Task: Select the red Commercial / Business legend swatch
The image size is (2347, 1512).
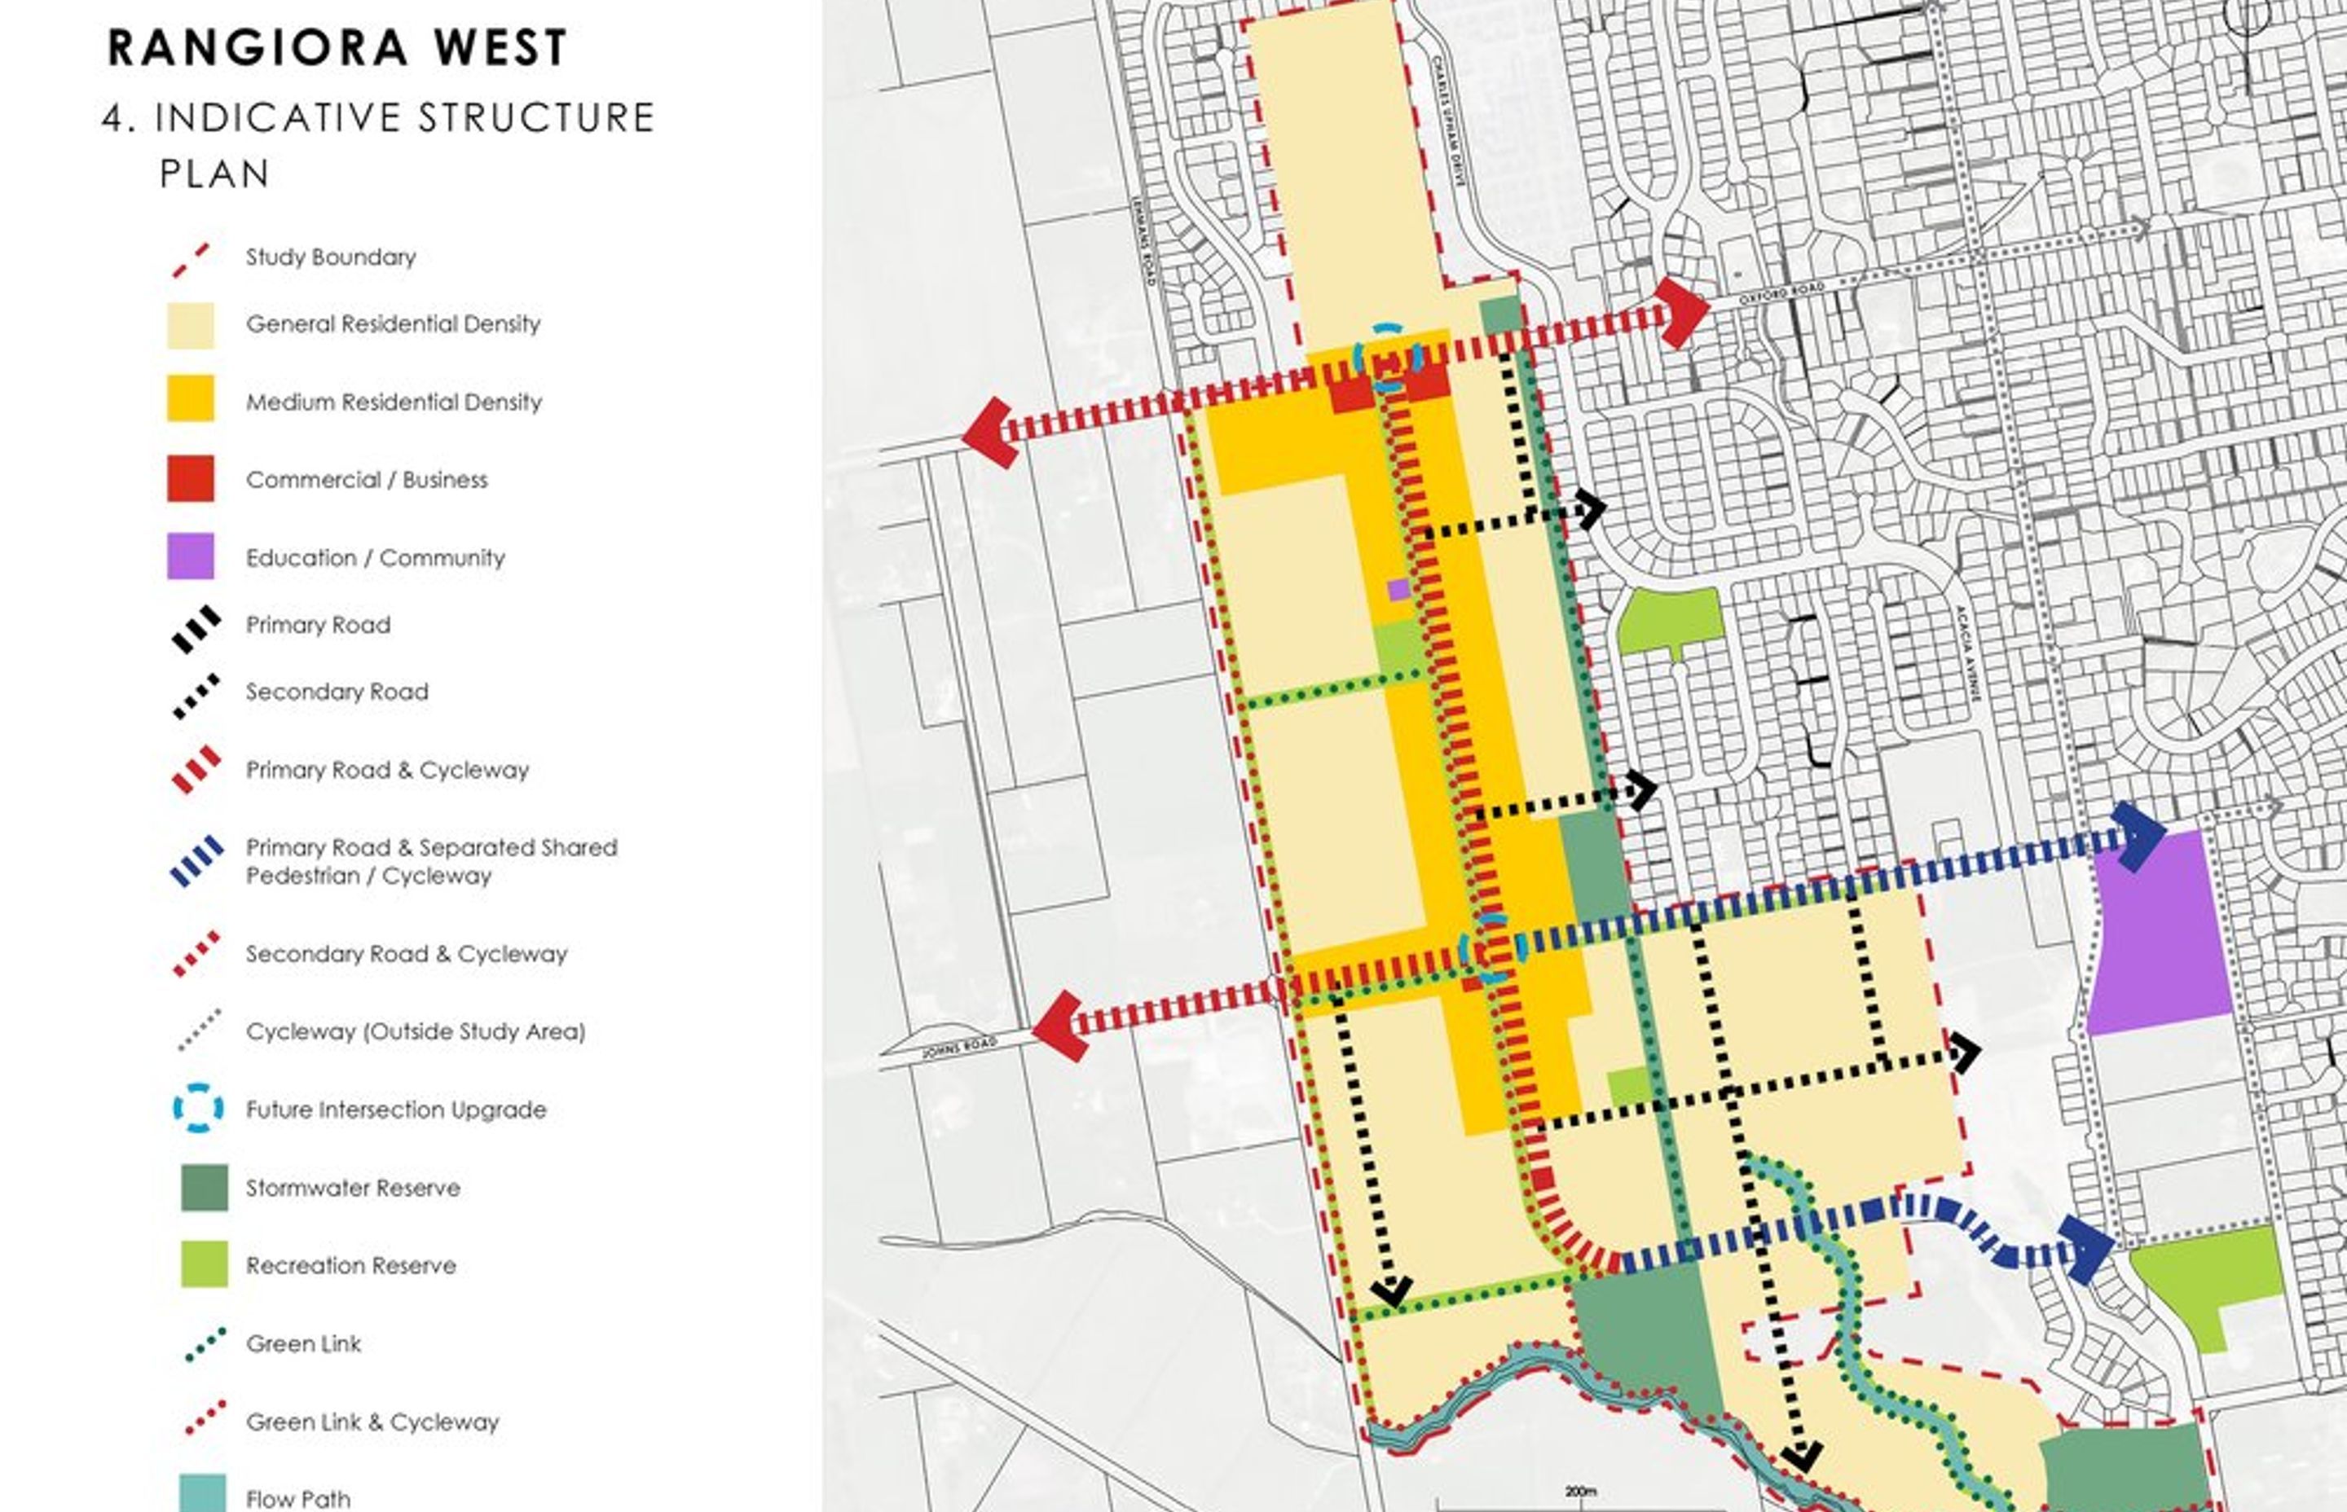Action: [x=191, y=478]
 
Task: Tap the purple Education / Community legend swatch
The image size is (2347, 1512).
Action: [x=191, y=556]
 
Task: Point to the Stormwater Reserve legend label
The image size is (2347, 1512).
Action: [x=353, y=1188]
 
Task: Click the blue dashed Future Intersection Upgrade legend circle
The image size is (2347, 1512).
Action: [x=198, y=1109]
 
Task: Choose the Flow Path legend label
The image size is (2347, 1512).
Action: [x=297, y=1498]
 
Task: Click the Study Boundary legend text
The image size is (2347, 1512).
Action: [x=330, y=257]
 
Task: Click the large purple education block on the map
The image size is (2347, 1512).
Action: [x=2156, y=933]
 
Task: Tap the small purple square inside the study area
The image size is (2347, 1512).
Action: [x=1398, y=589]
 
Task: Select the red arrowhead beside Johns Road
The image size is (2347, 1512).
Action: [x=1060, y=1025]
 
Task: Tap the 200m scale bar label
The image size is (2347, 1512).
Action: [x=1580, y=1490]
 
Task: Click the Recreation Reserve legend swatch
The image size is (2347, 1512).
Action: [x=205, y=1264]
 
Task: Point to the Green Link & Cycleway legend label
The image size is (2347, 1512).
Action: [x=372, y=1422]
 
